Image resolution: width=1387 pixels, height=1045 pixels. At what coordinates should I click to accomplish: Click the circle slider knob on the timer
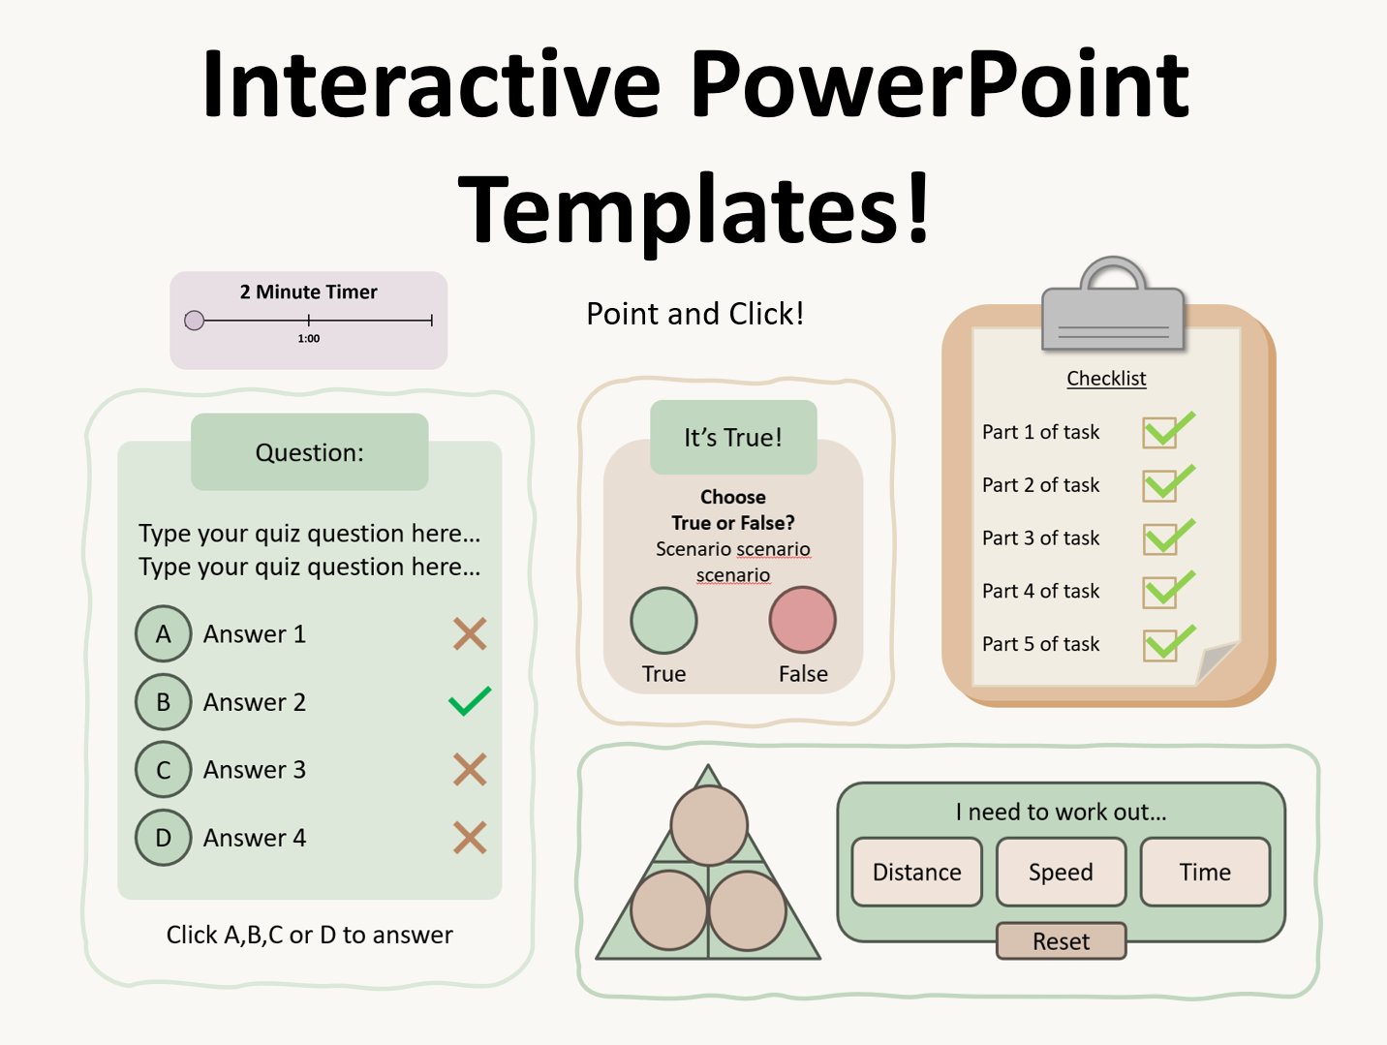195,321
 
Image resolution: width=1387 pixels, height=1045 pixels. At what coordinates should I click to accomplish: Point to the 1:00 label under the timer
308,339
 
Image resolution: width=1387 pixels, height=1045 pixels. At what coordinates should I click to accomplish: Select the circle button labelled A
163,634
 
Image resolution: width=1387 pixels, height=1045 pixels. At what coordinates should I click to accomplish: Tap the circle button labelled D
163,838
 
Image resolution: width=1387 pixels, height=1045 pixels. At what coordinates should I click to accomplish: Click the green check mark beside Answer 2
470,701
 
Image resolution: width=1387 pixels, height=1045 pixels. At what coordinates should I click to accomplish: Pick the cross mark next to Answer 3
470,770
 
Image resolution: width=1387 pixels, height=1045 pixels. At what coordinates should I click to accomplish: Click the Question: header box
309,452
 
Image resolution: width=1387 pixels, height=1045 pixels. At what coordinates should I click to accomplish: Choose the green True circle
663,621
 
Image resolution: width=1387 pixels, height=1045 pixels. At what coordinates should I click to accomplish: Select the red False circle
802,620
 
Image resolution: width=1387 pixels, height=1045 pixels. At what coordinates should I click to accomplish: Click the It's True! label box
733,438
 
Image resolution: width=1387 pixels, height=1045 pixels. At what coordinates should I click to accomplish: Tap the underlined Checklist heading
1106,379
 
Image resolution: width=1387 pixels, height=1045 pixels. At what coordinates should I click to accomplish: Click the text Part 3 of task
1040,538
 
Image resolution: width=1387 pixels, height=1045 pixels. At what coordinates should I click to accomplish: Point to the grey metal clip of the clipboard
1113,310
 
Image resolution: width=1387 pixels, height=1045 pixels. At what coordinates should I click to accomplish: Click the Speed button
1061,873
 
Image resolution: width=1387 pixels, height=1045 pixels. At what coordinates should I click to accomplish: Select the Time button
1205,873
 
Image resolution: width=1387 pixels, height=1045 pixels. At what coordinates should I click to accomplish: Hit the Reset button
1061,941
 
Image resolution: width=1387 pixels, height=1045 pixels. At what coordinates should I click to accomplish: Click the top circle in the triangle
709,825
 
